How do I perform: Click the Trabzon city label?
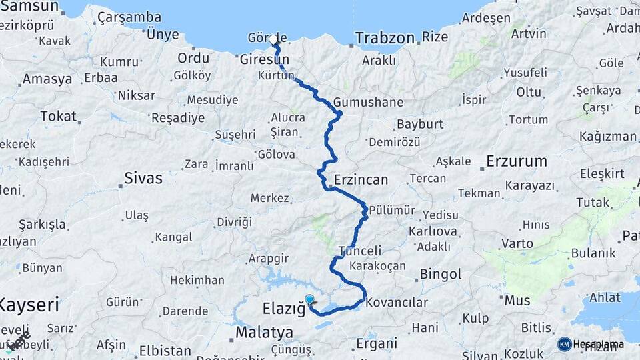click(385, 38)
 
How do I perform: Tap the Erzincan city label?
click(360, 180)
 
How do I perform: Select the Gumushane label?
click(369, 103)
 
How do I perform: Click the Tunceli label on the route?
click(360, 251)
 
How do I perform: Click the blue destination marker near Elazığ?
click(309, 300)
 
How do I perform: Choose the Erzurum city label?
click(516, 161)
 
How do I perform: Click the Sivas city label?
click(143, 178)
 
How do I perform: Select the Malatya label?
click(264, 332)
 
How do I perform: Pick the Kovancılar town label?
click(397, 302)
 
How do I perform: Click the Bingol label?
click(440, 274)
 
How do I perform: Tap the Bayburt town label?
click(419, 125)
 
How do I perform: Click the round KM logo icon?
click(564, 344)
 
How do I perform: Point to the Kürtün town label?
click(275, 76)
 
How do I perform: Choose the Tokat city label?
click(58, 116)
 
